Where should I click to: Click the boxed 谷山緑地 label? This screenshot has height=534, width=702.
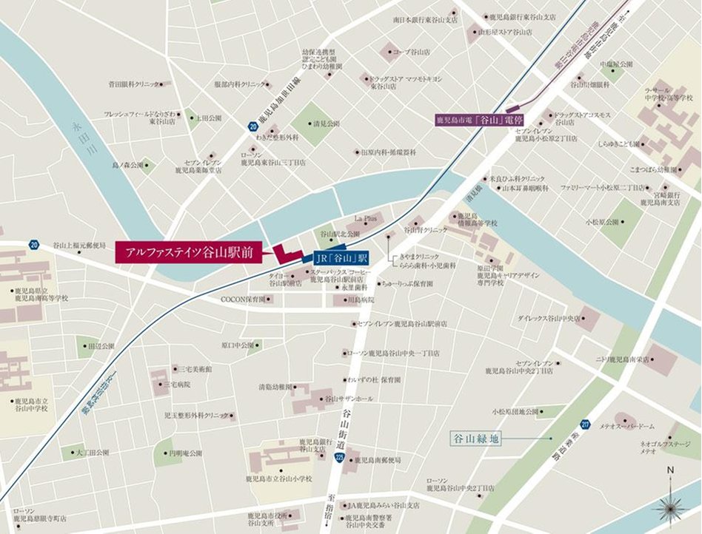pos(476,439)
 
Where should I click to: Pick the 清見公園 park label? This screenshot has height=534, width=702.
pos(326,124)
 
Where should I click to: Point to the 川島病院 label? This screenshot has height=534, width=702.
pos(359,300)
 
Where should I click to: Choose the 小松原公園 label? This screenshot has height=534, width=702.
pos(603,221)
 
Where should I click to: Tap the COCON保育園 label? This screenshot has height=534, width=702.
pos(242,300)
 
